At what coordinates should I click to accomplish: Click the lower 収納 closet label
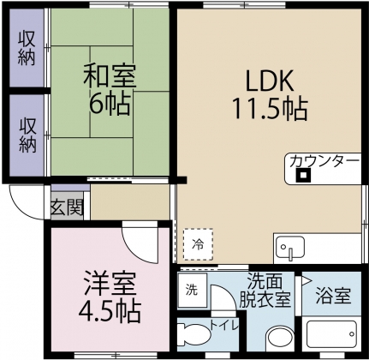(x=27, y=133)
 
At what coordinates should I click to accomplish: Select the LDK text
(x=270, y=81)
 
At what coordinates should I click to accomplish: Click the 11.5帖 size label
(x=269, y=110)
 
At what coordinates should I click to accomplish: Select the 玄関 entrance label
(x=67, y=206)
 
